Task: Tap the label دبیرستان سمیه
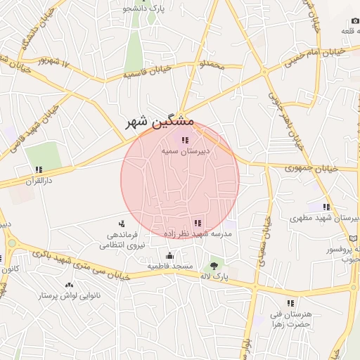(x=185, y=150)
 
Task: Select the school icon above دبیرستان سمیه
(x=185, y=140)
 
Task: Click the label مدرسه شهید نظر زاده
(x=198, y=233)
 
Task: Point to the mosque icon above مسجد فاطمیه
(x=169, y=256)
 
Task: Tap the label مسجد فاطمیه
(x=170, y=267)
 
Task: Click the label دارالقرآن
(x=39, y=180)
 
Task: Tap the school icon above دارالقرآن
(x=39, y=169)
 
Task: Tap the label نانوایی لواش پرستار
(x=68, y=295)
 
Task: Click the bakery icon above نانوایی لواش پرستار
(x=69, y=285)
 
